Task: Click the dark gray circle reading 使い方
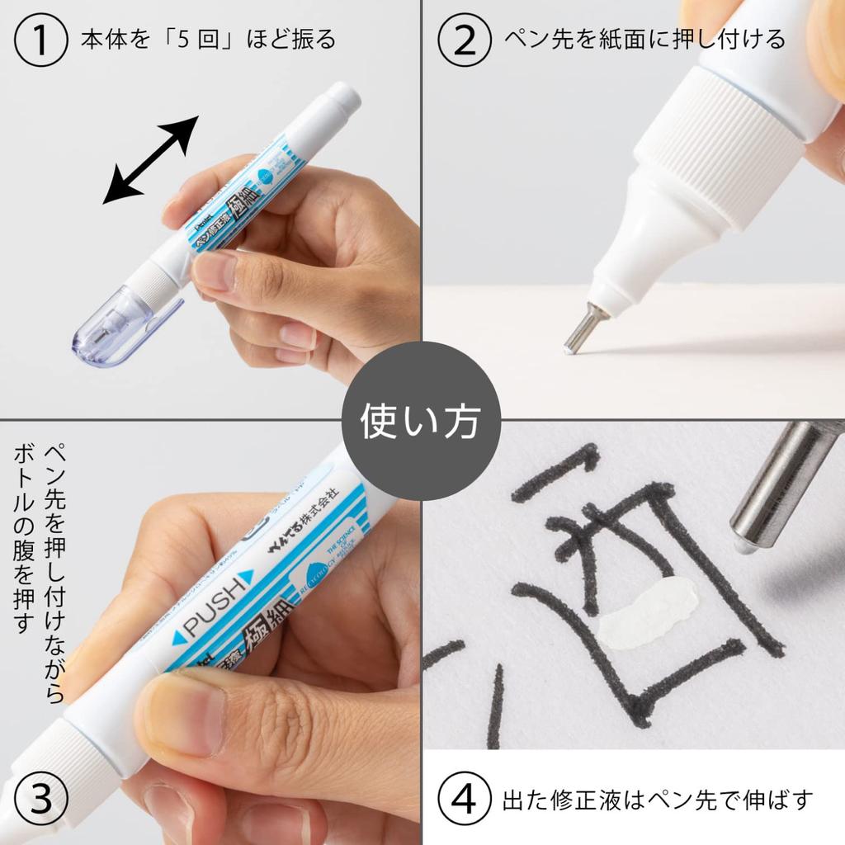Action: (x=421, y=422)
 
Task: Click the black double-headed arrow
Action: (x=150, y=160)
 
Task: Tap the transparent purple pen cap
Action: (x=116, y=325)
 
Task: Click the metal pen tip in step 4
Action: (x=776, y=487)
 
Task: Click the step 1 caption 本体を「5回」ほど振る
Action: (x=208, y=40)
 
